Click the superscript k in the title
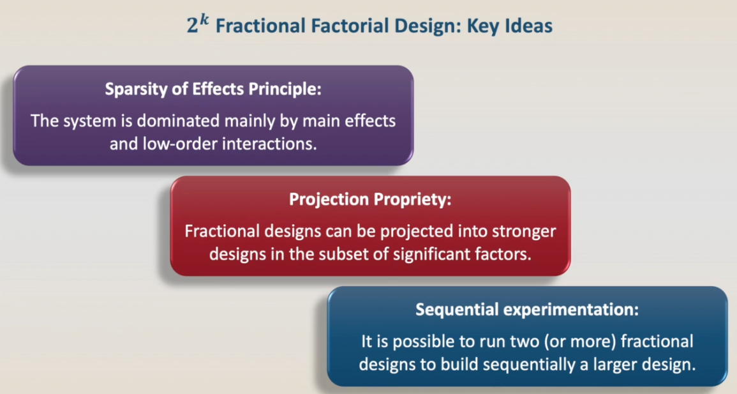point(204,20)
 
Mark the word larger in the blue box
point(620,365)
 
